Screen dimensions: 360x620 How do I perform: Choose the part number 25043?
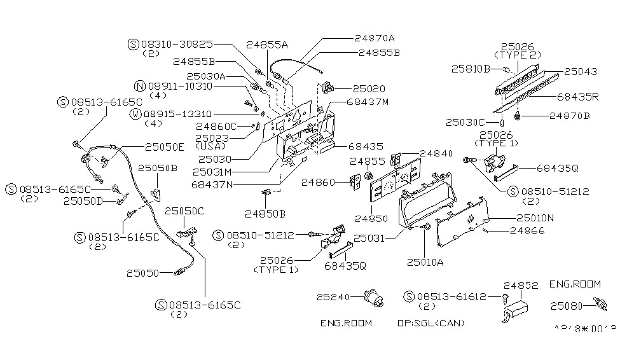[582, 72]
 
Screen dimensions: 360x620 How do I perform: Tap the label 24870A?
[375, 38]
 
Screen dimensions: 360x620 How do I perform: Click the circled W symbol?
[135, 114]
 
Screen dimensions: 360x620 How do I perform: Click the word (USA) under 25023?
[211, 146]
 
